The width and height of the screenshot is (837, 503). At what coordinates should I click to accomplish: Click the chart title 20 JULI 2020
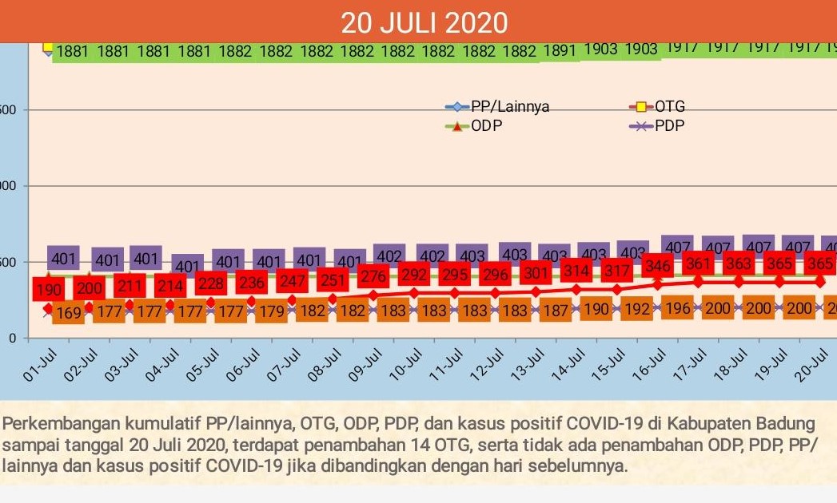pos(424,22)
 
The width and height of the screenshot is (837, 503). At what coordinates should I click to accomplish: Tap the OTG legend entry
pos(670,107)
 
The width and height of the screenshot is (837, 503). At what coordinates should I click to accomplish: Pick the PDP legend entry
pos(669,125)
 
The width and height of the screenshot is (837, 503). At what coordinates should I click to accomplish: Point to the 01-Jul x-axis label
pos(37,366)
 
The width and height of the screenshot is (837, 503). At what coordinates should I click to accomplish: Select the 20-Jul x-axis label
pos(810,366)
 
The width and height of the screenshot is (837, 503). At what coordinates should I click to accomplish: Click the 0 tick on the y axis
pos(12,339)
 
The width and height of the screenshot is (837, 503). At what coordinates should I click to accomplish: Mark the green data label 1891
pos(560,51)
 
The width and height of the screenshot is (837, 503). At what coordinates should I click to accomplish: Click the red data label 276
pos(373,276)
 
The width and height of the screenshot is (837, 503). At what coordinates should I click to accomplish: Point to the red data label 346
pos(658,265)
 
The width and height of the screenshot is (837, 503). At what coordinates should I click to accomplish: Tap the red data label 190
pos(48,289)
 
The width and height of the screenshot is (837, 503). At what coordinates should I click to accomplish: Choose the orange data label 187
pos(555,311)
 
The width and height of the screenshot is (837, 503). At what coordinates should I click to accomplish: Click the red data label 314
pos(576,271)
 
